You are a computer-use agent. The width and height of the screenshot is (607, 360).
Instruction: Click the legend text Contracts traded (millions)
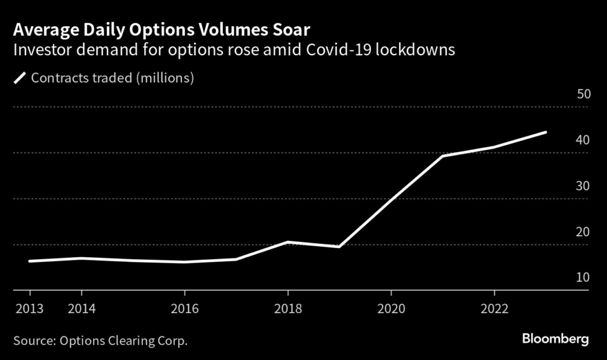[x=113, y=78]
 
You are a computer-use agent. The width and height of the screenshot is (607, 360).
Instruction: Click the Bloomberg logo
[x=555, y=339]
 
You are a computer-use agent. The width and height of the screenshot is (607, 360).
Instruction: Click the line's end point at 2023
[x=545, y=132]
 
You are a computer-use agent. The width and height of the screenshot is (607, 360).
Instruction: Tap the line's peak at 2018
[x=287, y=242]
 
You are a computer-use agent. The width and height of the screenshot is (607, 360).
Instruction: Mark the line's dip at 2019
[x=339, y=247]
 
